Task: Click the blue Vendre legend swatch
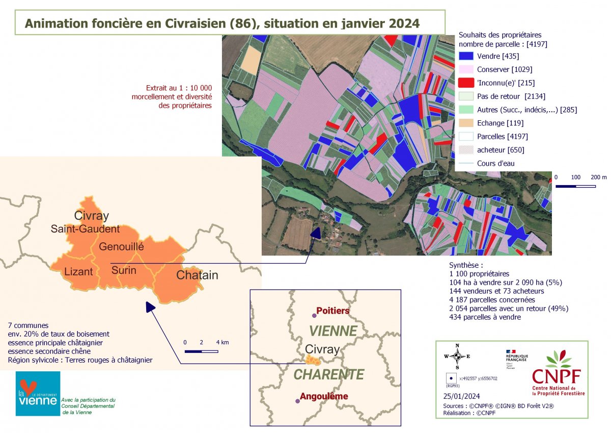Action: pyautogui.click(x=466, y=56)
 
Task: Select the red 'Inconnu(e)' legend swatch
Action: pyautogui.click(x=466, y=83)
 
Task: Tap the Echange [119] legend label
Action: pyautogui.click(x=500, y=123)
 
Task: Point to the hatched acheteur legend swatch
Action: pyautogui.click(x=466, y=150)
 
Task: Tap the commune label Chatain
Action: pyautogui.click(x=197, y=275)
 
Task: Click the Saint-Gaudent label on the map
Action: pyautogui.click(x=85, y=230)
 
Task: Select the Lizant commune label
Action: pyautogui.click(x=78, y=272)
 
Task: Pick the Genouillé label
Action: pyautogui.click(x=121, y=247)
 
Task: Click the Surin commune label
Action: pyautogui.click(x=124, y=270)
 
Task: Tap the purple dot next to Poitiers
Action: pyautogui.click(x=314, y=316)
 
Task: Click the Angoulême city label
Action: pyautogui.click(x=324, y=396)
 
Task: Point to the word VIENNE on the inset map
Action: pyautogui.click(x=333, y=331)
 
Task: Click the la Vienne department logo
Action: pyautogui.click(x=38, y=393)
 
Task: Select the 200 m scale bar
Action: pyautogui.click(x=575, y=186)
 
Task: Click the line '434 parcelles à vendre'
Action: pyautogui.click(x=485, y=317)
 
